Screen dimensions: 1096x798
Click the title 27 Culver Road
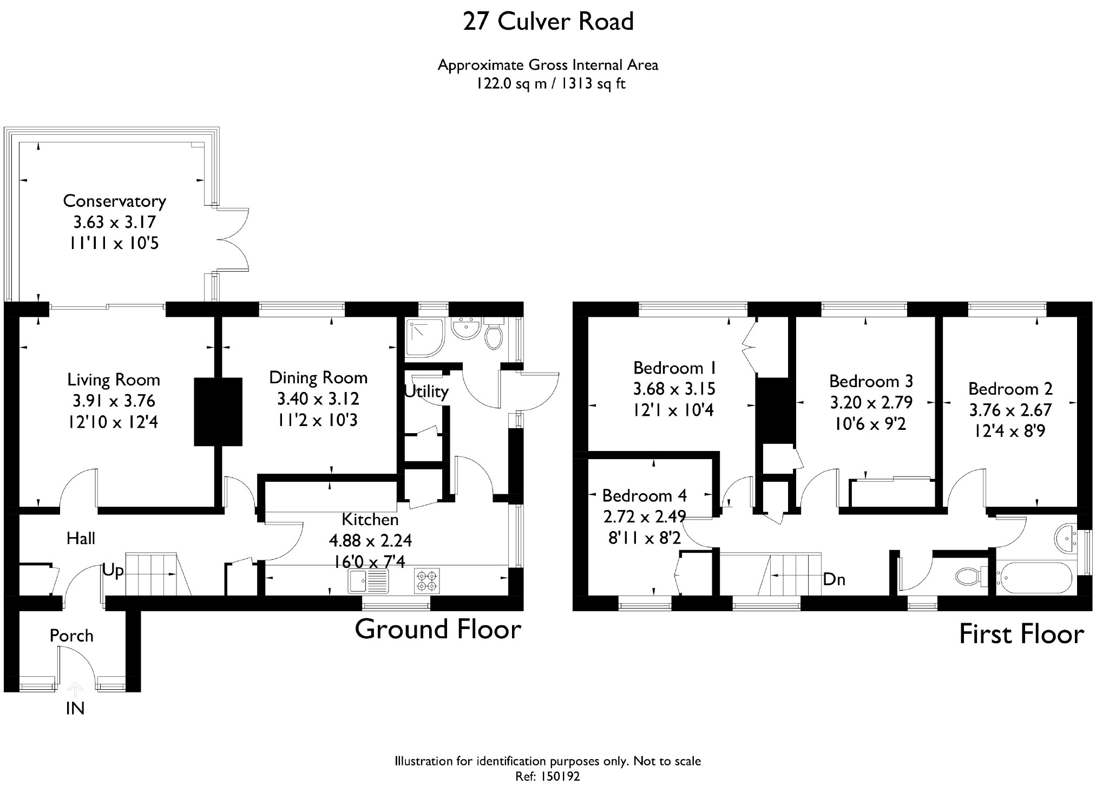[x=548, y=22]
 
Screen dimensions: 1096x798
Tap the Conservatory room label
[x=115, y=201]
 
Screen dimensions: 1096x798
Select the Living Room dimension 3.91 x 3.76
[x=114, y=401]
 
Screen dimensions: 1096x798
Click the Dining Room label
[x=318, y=377]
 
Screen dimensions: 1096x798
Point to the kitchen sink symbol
[x=369, y=581]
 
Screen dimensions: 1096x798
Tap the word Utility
[x=426, y=391]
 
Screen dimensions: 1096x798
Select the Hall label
[x=81, y=538]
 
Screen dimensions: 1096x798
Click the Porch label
[x=71, y=636]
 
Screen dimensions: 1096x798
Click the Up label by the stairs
[x=113, y=571]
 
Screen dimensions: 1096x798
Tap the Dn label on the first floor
[x=834, y=579]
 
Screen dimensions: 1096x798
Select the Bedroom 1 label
[x=674, y=368]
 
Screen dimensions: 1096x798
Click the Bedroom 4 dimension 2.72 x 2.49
[x=645, y=517]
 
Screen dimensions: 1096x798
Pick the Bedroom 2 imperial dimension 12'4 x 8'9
[x=1010, y=431]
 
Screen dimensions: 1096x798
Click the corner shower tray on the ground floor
[x=424, y=338]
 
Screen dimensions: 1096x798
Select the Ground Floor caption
[x=438, y=629]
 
